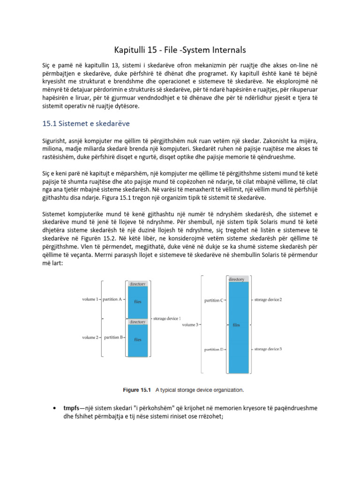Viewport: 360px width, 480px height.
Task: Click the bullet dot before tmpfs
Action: click(x=56, y=408)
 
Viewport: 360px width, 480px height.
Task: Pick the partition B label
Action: click(x=113, y=337)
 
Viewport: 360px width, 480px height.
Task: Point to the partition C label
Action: click(x=214, y=300)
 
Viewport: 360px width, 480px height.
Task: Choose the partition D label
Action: click(x=214, y=349)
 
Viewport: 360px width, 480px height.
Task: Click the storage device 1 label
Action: click(x=167, y=318)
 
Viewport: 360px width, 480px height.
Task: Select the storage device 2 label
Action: click(x=268, y=299)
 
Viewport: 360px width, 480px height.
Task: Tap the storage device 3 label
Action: click(x=268, y=349)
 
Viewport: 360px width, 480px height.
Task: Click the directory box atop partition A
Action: click(x=137, y=284)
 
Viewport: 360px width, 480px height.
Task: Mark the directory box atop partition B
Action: click(x=137, y=322)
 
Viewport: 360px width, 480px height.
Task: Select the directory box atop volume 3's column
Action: click(x=236, y=279)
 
